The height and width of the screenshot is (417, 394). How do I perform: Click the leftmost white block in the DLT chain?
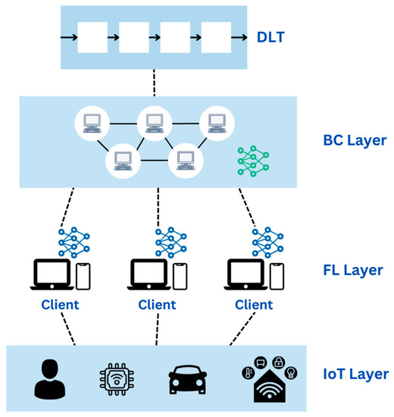click(93, 36)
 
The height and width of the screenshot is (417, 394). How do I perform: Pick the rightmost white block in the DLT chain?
click(216, 36)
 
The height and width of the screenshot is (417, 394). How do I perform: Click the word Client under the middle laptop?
click(157, 305)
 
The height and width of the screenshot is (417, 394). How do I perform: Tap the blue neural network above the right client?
click(266, 240)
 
